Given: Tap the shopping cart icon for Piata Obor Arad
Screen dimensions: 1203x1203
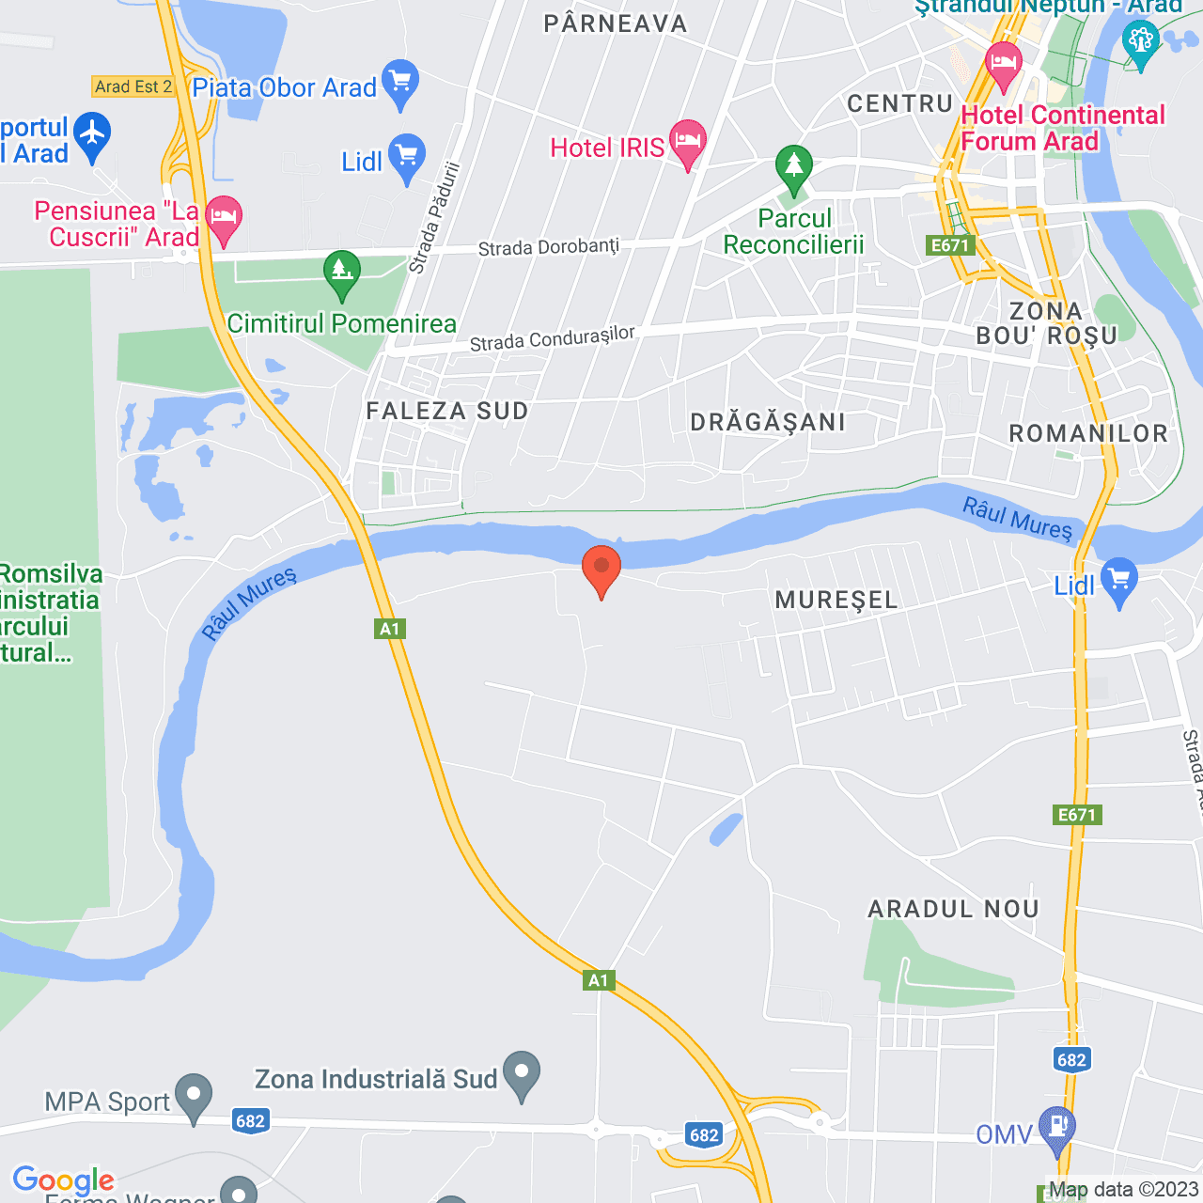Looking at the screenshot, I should pos(401,82).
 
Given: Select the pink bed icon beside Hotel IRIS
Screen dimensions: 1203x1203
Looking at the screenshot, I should pos(687,143).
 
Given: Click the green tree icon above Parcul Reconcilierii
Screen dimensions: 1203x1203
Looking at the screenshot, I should pos(794,167).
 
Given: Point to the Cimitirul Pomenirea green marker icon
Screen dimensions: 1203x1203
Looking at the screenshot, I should pos(342,273).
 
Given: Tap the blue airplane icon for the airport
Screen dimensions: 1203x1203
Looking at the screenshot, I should pos(92,134).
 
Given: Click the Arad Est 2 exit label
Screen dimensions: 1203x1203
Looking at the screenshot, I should pos(133,86).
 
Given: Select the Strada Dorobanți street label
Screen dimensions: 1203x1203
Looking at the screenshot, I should pos(549,247).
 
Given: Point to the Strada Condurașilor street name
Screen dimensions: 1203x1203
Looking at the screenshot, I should pos(552,338).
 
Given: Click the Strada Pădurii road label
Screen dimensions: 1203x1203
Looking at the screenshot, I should pos(435,218).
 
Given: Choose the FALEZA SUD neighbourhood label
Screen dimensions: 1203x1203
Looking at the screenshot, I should pos(447,411).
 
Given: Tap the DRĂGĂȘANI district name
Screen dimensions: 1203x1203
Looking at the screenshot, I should pos(768,422).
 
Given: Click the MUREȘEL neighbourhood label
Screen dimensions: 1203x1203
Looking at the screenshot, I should pos(836,600).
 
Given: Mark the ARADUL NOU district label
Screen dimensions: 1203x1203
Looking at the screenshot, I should pos(953,909).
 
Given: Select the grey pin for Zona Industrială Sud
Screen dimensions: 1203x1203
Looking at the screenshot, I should pos(522,1073).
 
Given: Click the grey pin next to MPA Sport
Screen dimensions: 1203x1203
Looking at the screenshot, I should pos(195,1096).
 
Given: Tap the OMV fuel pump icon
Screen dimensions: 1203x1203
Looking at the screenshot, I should pos(1057,1129).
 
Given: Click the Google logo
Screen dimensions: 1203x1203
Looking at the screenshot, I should pos(63,1180).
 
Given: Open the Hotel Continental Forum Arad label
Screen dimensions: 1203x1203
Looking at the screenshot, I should pos(1062,128).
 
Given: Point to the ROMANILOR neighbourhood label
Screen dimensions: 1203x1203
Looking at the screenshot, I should pos(1088,433).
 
